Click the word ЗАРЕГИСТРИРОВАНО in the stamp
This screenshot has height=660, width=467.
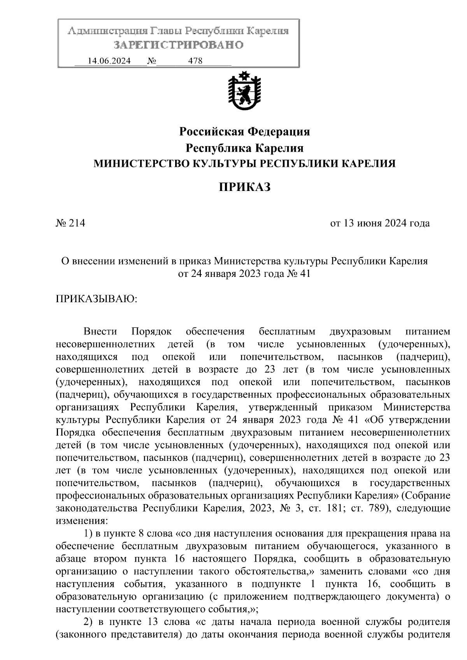(178, 45)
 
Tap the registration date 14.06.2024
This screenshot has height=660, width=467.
(109, 61)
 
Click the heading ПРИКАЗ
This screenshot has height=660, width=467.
(244, 187)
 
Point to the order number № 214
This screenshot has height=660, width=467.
(70, 223)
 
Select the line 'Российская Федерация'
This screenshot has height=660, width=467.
(244, 132)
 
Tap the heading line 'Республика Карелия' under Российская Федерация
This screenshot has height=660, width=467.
(244, 148)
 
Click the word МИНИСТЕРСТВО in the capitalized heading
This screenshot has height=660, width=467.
(136, 164)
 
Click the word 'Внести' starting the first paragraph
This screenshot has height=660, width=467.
(100, 332)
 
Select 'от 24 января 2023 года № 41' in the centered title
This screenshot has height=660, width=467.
(244, 274)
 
